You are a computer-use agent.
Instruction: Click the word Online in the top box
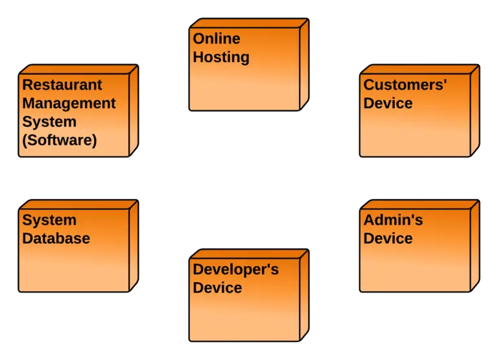pos(216,39)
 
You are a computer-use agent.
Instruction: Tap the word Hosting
pos(220,57)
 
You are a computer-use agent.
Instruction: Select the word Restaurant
pos(62,85)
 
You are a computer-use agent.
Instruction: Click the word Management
pos(69,103)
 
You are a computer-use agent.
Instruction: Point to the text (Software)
pos(59,140)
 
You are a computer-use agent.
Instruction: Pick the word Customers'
pos(405,85)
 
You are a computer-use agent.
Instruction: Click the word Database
pos(56,239)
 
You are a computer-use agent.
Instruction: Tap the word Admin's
pos(393,221)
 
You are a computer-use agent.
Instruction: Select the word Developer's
pos(235,269)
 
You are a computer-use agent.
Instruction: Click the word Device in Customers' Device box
pos(388,103)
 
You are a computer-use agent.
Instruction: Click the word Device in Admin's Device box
pos(388,239)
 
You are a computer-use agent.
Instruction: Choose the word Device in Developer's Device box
pos(217,287)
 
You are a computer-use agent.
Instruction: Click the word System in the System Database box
pos(49,221)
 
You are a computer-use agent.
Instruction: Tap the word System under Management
pos(49,121)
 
